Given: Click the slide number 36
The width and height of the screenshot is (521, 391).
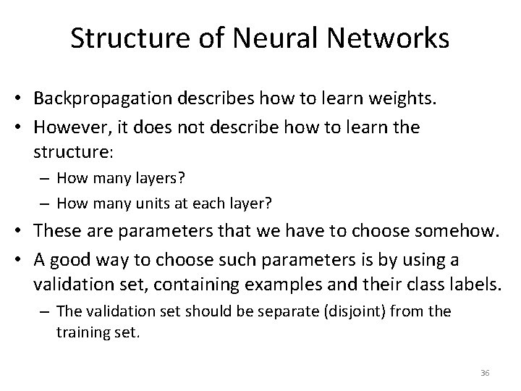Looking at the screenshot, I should pos(485,373).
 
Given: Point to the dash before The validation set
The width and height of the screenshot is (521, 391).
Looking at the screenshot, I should pos(47,311).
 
